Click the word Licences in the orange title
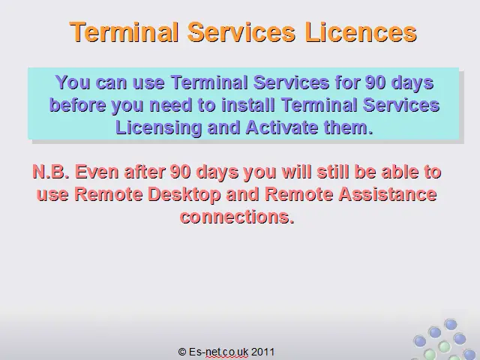click(361, 31)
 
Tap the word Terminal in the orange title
click(124, 31)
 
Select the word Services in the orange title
click(241, 31)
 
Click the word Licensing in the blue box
click(158, 128)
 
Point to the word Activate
click(282, 127)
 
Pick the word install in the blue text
click(248, 105)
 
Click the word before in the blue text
click(78, 105)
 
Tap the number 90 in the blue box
click(376, 82)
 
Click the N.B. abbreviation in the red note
click(51, 172)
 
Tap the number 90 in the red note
click(181, 172)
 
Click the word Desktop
click(184, 195)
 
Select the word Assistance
click(387, 194)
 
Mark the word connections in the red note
click(237, 217)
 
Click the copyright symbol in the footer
click(182, 352)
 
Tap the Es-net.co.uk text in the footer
click(218, 352)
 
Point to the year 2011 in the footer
click(263, 352)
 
